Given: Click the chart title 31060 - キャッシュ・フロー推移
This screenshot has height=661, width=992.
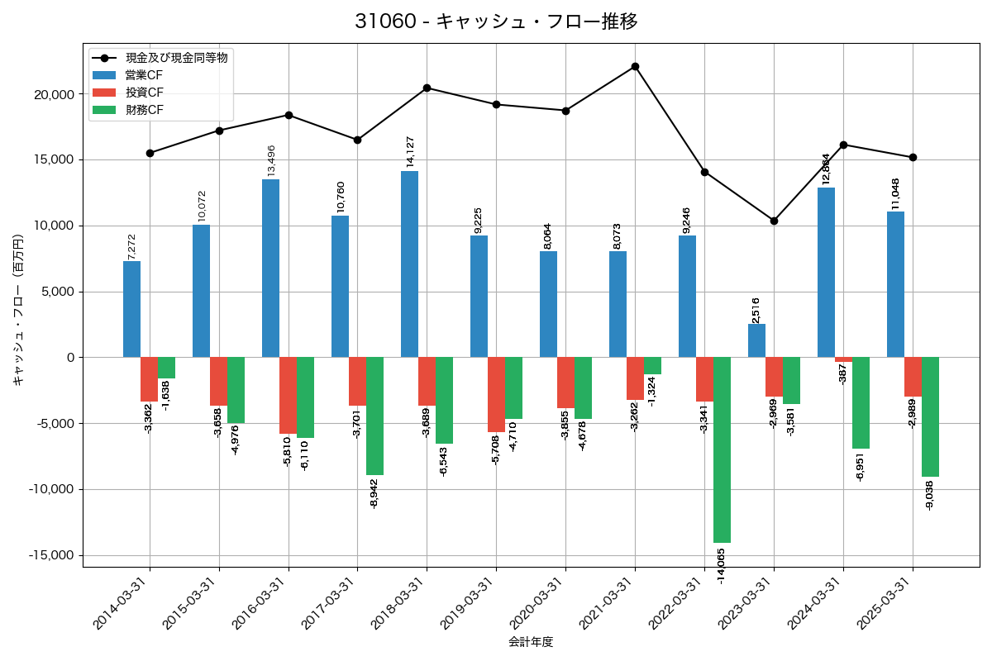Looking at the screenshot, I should click(496, 21).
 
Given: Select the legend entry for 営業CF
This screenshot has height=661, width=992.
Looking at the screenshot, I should click(138, 75).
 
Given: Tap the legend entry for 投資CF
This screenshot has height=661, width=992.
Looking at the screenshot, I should click(138, 93).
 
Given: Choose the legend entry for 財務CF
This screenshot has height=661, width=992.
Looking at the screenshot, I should click(138, 110).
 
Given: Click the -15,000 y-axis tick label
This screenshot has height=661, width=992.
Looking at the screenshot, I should click(50, 555).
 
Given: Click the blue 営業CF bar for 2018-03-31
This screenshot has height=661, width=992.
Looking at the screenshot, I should click(409, 264).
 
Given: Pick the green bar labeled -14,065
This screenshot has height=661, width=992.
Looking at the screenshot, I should click(722, 450).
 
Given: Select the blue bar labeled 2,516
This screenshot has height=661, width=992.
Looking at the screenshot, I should click(756, 340).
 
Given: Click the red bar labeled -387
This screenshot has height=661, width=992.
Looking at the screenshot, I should click(843, 359).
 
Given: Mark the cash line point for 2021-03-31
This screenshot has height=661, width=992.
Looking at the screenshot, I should click(635, 66).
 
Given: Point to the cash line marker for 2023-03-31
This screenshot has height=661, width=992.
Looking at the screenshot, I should click(774, 221).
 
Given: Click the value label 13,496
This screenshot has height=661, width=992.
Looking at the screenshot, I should click(271, 160).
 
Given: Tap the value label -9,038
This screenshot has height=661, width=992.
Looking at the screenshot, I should click(929, 495).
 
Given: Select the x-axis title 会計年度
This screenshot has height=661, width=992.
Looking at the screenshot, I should click(531, 642).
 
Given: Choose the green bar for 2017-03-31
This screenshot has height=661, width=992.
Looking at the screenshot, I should click(374, 416).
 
